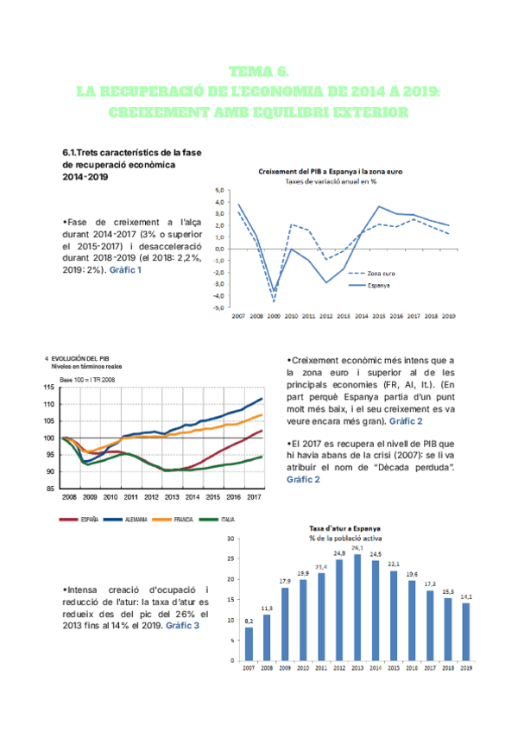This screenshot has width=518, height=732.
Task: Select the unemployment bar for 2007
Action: pyautogui.click(x=249, y=642)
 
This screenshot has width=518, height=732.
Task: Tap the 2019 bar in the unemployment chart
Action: pyautogui.click(x=466, y=631)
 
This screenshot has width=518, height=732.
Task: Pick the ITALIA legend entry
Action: pyautogui.click(x=227, y=520)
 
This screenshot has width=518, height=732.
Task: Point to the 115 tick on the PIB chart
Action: pyautogui.click(x=49, y=388)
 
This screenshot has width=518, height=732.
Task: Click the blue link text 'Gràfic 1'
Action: pyautogui.click(x=125, y=269)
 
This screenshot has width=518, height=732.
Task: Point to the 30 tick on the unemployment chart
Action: pyautogui.click(x=229, y=538)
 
